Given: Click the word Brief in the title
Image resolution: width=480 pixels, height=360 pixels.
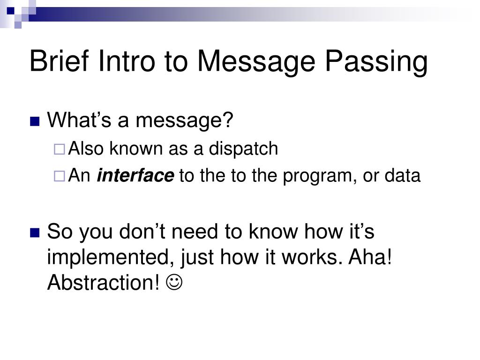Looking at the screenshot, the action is pos(59,61).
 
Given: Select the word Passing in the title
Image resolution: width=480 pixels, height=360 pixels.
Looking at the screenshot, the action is pos(376,62).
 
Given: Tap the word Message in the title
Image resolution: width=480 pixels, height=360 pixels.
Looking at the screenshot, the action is pos(256,62).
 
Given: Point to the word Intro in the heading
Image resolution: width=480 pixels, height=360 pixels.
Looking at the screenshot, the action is pos(127,61).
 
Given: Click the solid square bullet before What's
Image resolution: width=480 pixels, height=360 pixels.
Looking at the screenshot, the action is pos(35,121).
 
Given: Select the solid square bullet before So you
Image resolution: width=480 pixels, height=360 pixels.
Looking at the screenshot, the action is pos(35,233).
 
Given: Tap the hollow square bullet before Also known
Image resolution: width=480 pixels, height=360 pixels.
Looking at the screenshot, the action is pos(60,150).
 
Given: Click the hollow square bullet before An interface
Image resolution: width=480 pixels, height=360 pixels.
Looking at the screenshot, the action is pos(60,176).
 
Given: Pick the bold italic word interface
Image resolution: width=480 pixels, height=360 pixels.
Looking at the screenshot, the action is pos(135,175).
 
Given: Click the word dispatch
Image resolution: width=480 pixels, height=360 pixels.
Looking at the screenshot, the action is pos(243,149).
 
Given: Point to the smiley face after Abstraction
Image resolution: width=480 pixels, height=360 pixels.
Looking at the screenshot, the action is pos(174,282).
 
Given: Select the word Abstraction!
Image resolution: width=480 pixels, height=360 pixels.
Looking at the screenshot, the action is pos(104,282).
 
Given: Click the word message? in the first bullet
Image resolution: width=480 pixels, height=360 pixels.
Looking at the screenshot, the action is pos(185,120).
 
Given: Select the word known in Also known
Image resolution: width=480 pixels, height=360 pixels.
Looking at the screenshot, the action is pos(136,149).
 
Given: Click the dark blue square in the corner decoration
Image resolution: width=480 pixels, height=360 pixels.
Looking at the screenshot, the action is pos(11,11).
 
